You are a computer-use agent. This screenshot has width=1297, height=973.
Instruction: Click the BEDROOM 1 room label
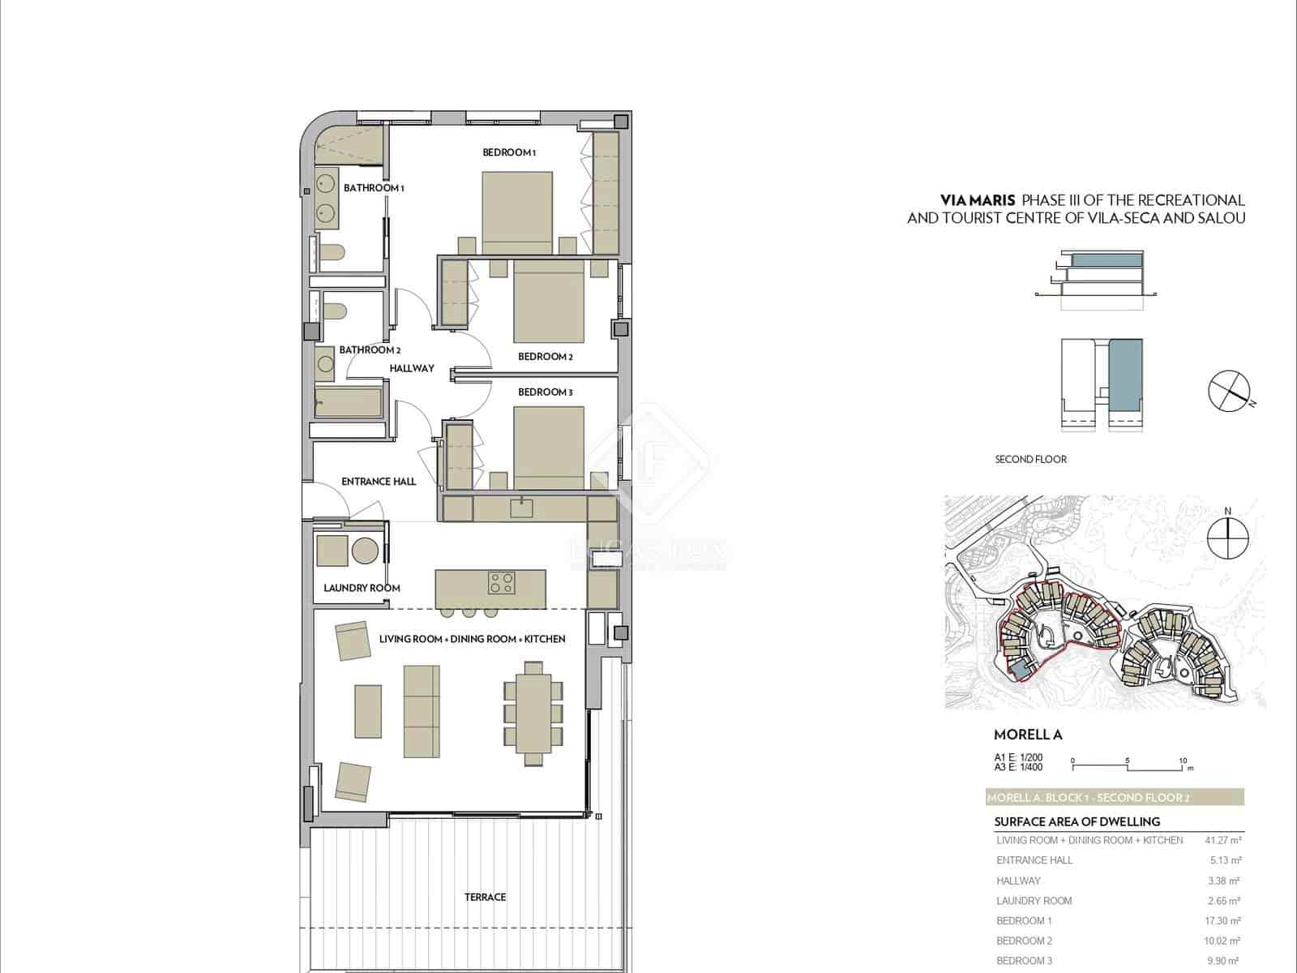coord(509,152)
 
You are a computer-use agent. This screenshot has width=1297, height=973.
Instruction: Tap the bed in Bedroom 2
coord(548,302)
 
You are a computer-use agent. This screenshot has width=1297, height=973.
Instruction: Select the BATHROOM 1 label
coord(374,188)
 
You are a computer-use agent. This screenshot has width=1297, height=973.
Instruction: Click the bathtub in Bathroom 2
coord(348,403)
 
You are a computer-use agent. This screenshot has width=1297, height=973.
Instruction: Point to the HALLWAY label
coord(412,368)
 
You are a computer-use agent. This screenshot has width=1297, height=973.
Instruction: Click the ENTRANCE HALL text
coord(379,482)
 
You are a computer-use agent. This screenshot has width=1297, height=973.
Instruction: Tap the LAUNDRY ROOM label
coord(362,588)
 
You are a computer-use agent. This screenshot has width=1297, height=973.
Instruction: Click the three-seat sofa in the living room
coord(422,711)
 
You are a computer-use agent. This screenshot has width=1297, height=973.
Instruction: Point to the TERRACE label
coord(485,897)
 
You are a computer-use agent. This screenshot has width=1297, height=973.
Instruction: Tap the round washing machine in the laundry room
coord(365,551)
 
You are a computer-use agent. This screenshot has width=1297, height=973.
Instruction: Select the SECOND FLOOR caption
coord(1030,460)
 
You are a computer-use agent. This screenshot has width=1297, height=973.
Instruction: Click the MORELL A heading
coord(1027,735)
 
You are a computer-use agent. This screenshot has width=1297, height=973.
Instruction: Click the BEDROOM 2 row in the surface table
coord(1025,941)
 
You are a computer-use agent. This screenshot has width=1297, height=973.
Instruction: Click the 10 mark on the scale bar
coord(1183,761)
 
